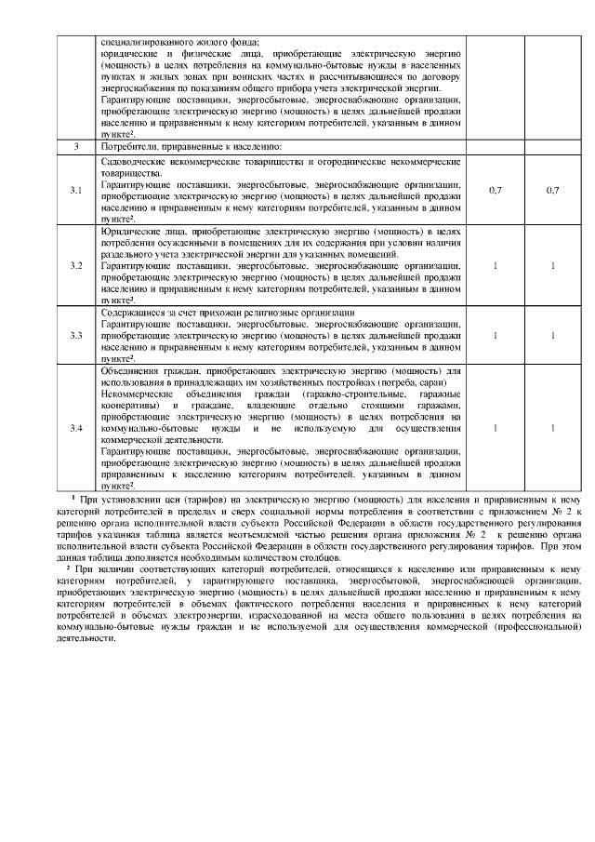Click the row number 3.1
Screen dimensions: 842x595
pyautogui.click(x=76, y=191)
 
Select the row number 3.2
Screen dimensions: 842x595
pyautogui.click(x=76, y=266)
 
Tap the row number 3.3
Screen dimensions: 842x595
pyautogui.click(x=76, y=335)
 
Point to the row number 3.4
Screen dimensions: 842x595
pyautogui.click(x=76, y=428)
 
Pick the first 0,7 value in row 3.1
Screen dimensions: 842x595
pyautogui.click(x=496, y=191)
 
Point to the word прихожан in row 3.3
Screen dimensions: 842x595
pyautogui.click(x=235, y=313)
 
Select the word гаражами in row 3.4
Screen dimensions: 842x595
pyautogui.click(x=439, y=405)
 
